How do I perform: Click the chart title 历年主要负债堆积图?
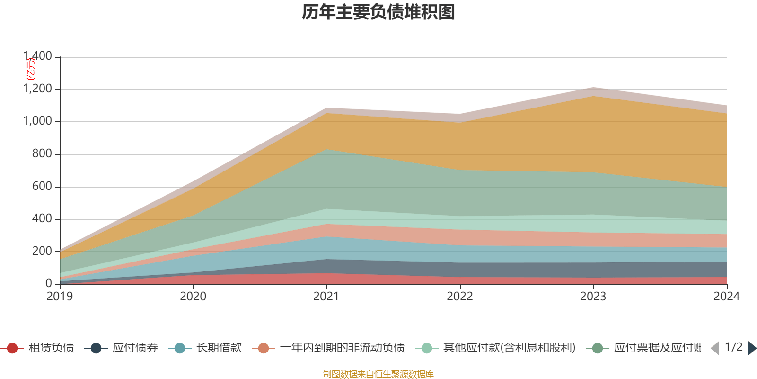[x=378, y=13]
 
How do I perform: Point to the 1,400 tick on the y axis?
[x=38, y=56]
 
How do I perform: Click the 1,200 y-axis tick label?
[x=38, y=89]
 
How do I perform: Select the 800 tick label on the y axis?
[x=42, y=153]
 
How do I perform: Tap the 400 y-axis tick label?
[x=42, y=218]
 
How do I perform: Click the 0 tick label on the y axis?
[x=49, y=283]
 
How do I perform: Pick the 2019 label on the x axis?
[x=60, y=297]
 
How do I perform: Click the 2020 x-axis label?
[x=193, y=297]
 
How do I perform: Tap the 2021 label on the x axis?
[x=326, y=297]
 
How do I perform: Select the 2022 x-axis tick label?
[x=460, y=297]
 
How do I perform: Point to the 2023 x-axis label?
[x=593, y=297]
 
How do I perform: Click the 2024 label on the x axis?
[x=726, y=297]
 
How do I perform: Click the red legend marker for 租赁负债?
[x=13, y=348]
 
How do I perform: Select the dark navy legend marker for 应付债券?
[x=96, y=348]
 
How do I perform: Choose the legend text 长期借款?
[x=219, y=348]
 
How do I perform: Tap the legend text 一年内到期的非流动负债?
[x=343, y=348]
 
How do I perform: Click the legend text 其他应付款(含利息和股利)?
[x=509, y=348]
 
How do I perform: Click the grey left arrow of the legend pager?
[x=714, y=348]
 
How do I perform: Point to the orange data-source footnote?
[x=378, y=374]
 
